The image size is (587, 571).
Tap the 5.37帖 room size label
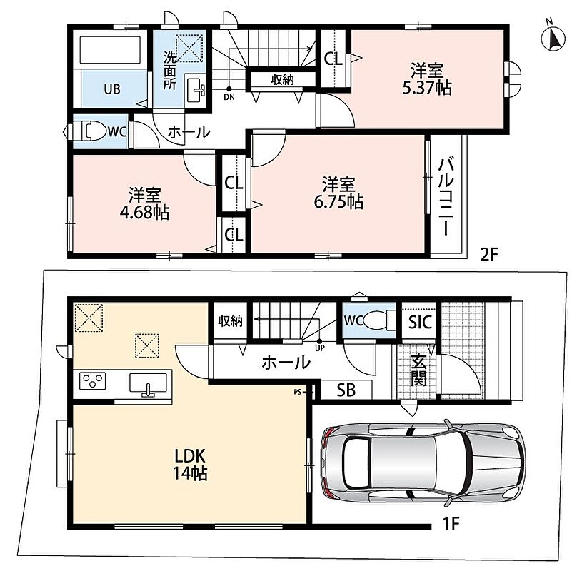(x=427, y=88)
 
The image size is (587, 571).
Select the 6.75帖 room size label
(x=338, y=202)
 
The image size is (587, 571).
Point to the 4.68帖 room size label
(x=144, y=213)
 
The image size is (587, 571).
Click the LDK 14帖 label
(x=190, y=465)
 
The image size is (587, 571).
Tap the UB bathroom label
(x=112, y=89)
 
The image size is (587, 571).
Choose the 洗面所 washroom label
(x=169, y=71)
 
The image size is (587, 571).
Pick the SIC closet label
(x=420, y=322)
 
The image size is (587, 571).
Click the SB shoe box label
(x=346, y=390)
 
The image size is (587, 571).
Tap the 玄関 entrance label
(x=418, y=370)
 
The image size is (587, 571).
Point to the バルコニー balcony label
(x=446, y=197)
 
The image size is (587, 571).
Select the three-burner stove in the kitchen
(x=92, y=381)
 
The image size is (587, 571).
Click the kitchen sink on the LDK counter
(x=148, y=384)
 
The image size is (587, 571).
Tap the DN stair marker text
(x=229, y=97)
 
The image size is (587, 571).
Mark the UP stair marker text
(x=320, y=348)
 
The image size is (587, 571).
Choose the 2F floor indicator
(x=489, y=256)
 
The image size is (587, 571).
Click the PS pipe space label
(x=297, y=392)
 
